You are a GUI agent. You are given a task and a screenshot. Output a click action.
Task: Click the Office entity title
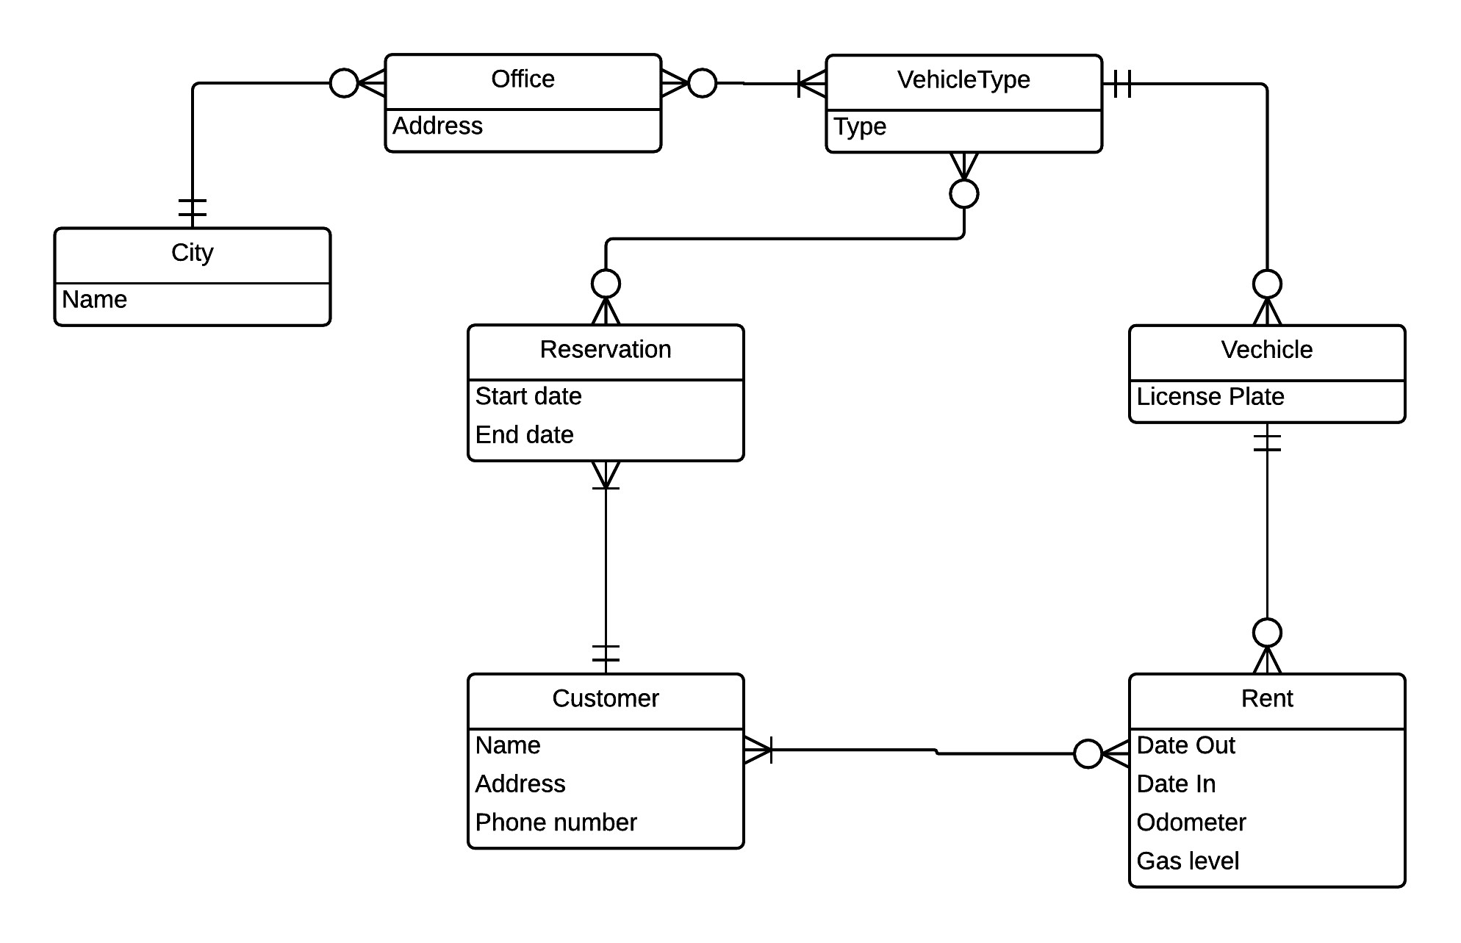click(x=523, y=79)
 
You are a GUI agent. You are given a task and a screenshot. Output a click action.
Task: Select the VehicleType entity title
click(x=963, y=80)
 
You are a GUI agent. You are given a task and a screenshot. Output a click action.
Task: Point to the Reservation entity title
click(x=606, y=349)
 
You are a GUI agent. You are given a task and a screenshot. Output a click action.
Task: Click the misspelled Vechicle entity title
click(x=1267, y=349)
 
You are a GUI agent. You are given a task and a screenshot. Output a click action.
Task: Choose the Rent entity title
click(x=1267, y=698)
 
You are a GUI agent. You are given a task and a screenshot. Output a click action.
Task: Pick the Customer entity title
click(x=606, y=698)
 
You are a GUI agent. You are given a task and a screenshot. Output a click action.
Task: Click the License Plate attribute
click(x=1210, y=397)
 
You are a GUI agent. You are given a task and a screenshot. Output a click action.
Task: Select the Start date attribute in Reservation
click(x=528, y=396)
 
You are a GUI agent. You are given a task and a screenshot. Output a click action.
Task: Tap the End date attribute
click(x=525, y=434)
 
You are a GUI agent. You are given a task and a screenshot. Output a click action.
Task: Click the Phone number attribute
click(x=556, y=822)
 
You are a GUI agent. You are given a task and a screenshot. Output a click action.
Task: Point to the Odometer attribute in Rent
click(x=1191, y=822)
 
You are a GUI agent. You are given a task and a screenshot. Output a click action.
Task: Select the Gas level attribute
click(x=1188, y=861)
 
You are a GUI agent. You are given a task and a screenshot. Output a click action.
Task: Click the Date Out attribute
click(x=1186, y=745)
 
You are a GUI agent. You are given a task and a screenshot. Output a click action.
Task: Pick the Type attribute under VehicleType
click(x=860, y=127)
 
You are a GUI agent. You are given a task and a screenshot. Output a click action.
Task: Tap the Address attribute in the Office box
click(x=438, y=126)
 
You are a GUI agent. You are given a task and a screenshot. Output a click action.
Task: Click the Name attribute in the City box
click(x=95, y=299)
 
